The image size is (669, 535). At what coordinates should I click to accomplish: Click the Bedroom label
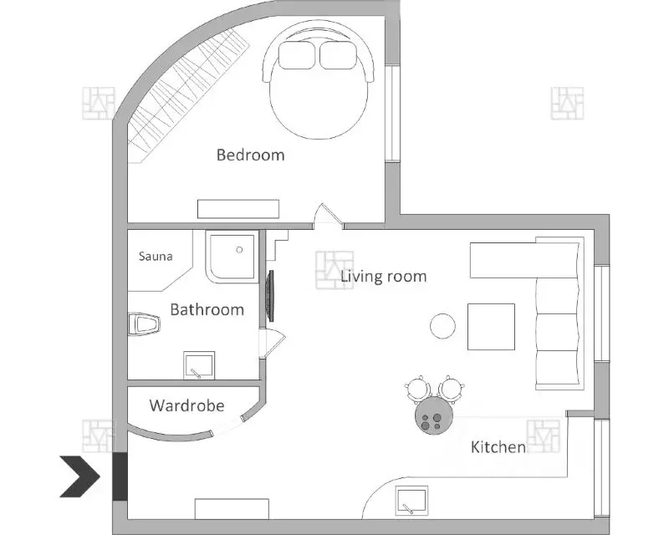pos(250,155)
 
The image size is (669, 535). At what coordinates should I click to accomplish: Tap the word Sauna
pos(156,257)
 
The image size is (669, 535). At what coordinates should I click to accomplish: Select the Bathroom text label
pos(207,309)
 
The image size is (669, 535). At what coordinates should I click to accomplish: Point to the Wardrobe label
pos(186,405)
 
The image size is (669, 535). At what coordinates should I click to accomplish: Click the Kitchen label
pos(498,447)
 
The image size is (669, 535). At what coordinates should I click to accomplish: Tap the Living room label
pos(384,277)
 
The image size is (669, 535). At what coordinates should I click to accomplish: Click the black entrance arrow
pos(79,476)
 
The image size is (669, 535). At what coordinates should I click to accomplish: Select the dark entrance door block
pos(120,476)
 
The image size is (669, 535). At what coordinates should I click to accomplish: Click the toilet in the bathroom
pos(144,324)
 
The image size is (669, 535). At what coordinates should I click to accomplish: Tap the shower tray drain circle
pos(239,250)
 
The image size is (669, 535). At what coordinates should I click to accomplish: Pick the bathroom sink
pos(199,365)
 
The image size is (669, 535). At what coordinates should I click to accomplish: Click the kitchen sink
pos(411,502)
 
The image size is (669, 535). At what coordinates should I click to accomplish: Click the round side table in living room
pos(442,326)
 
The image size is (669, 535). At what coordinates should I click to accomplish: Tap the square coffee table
pos(491,327)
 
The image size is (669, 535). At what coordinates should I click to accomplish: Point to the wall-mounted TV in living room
pos(270,296)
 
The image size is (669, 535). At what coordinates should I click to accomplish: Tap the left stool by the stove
pos(416,389)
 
